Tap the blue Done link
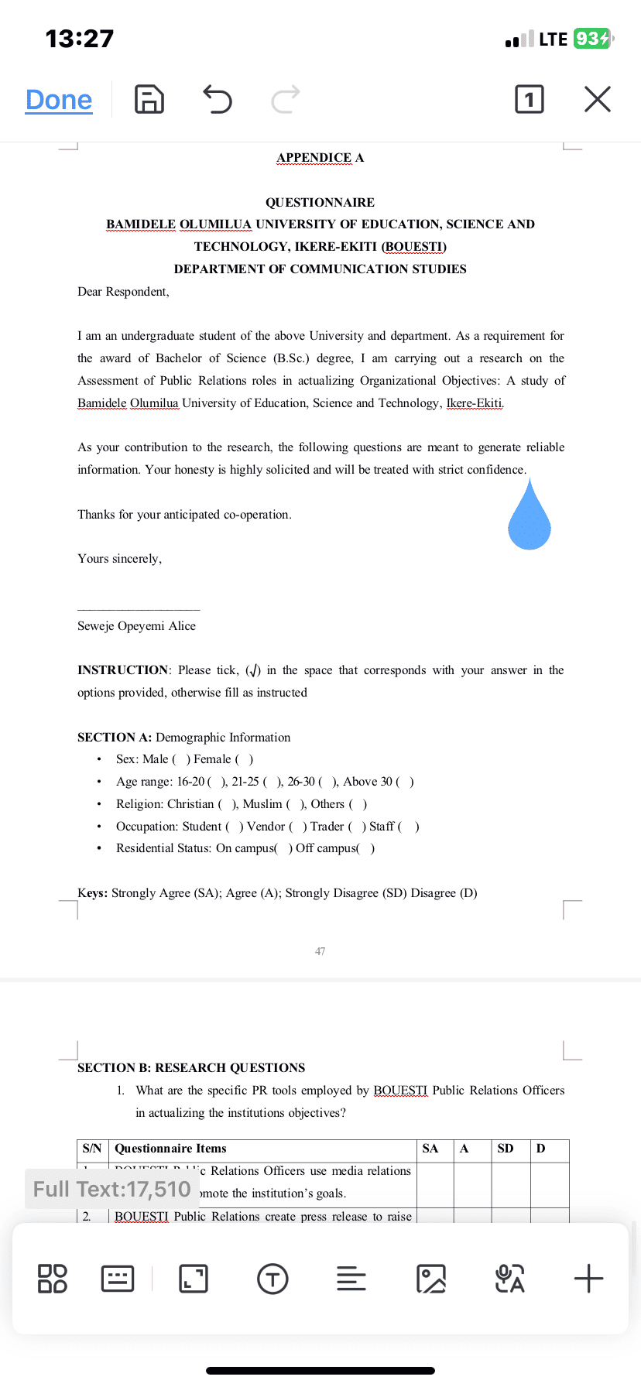[59, 100]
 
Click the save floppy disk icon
[149, 100]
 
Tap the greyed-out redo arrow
[285, 99]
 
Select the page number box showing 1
[530, 99]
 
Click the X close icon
[597, 99]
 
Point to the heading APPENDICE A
[320, 158]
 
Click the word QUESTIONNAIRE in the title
[320, 203]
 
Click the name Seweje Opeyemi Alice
[136, 626]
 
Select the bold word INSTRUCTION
[122, 670]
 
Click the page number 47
[320, 951]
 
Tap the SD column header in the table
[506, 1149]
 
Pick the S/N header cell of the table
[92, 1149]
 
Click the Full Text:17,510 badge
[112, 1189]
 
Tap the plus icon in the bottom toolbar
[588, 1279]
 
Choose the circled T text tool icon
[273, 1279]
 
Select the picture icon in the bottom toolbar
[431, 1279]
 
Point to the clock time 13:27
[80, 39]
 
